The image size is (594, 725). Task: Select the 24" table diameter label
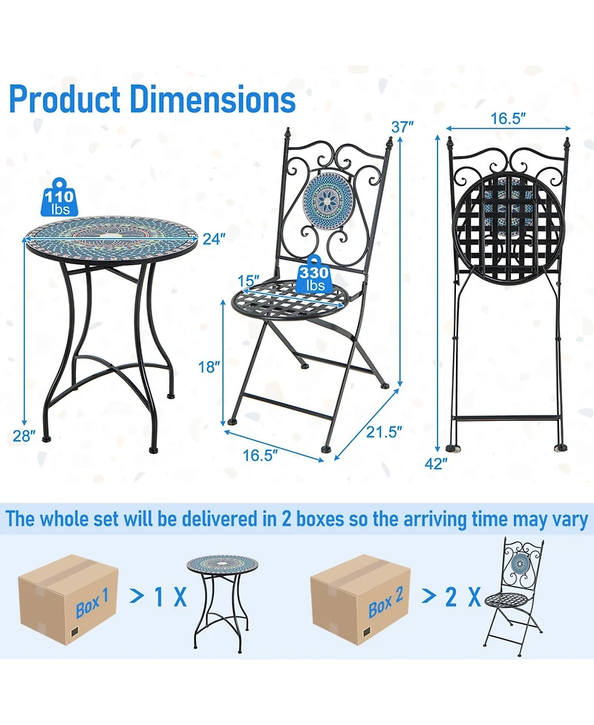(x=214, y=239)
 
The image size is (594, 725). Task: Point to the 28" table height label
(x=24, y=436)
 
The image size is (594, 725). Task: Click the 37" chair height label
(x=402, y=127)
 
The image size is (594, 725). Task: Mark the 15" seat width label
(x=249, y=281)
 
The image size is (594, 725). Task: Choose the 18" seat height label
(x=209, y=367)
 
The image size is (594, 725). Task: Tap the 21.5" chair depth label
(x=385, y=432)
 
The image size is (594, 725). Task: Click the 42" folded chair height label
(x=436, y=463)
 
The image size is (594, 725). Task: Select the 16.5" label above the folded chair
(x=509, y=119)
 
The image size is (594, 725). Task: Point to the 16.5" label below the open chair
(x=261, y=455)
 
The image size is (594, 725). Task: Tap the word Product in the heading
(x=65, y=99)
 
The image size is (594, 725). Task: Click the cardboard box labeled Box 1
(x=68, y=600)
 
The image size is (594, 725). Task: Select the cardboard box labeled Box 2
(x=360, y=600)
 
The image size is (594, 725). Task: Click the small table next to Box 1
(x=223, y=603)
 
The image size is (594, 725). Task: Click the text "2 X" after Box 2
(x=463, y=597)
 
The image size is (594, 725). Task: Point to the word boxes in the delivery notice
(x=320, y=519)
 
